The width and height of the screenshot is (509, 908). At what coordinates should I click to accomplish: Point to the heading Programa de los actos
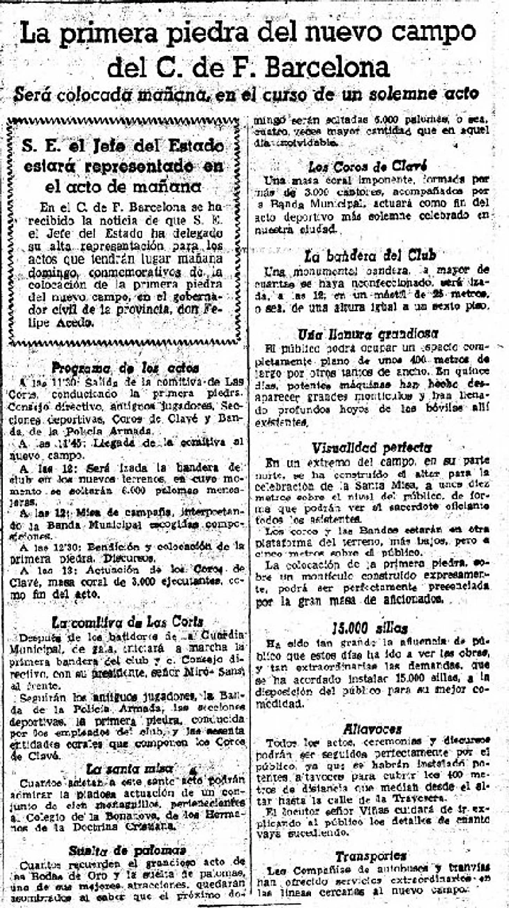coord(126,368)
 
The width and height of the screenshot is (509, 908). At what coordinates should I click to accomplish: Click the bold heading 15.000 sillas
coord(380,627)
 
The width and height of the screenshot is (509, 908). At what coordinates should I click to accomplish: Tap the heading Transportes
coord(380,856)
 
